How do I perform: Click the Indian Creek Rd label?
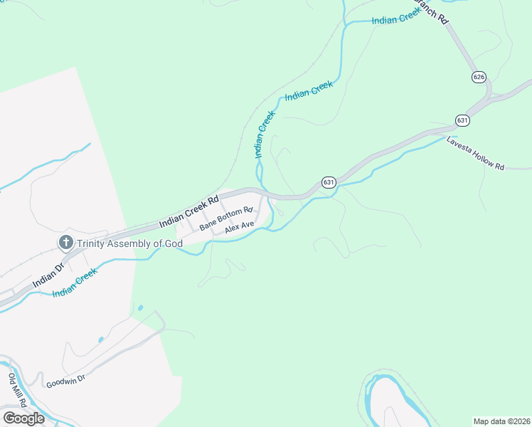188,212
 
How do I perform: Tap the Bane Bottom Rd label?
226,218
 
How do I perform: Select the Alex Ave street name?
239,228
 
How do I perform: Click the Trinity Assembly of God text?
130,243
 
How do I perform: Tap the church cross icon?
65,243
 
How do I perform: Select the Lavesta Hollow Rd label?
475,153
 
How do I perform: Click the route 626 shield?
479,76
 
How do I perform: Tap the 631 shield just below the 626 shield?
462,120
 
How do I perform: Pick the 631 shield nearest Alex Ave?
328,182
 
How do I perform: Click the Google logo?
23,418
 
